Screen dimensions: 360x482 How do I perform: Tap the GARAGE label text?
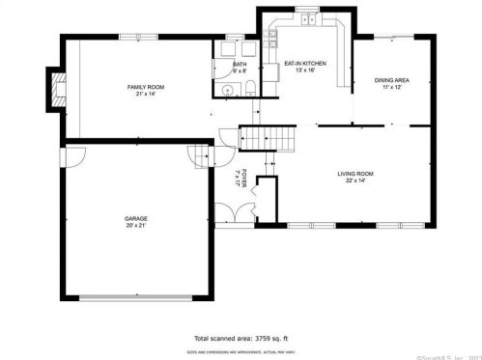(x=135, y=219)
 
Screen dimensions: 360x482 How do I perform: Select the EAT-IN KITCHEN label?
(x=304, y=64)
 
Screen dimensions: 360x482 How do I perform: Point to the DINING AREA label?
(x=391, y=80)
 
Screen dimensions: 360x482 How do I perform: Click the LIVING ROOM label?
(x=355, y=174)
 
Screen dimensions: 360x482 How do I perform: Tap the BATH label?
(x=240, y=65)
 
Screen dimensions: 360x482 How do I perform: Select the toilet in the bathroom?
(x=248, y=91)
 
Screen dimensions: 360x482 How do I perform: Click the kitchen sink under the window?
(x=307, y=20)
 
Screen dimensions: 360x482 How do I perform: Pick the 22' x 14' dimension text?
(x=355, y=180)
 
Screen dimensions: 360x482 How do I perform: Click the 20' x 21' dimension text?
(x=135, y=226)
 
